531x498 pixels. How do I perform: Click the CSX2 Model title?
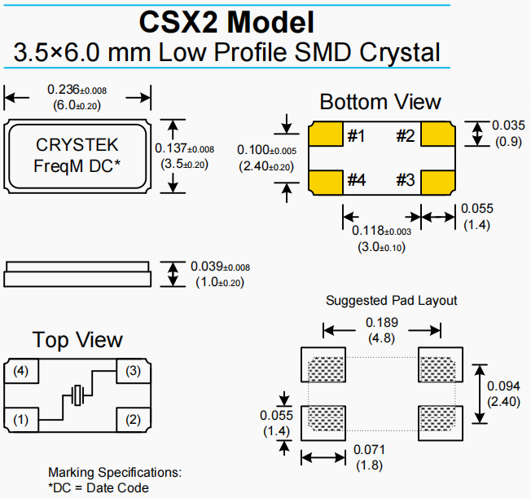227,20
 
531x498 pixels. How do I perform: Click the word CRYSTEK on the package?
77,145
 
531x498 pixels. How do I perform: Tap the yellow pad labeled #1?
325,135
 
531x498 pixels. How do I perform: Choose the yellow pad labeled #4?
325,181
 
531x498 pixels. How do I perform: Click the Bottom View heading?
380,102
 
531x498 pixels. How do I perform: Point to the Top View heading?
77,340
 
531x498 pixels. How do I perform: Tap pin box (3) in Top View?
132,372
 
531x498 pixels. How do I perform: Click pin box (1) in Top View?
21,421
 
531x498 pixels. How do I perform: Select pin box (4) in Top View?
21,372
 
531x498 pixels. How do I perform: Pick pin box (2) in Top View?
132,421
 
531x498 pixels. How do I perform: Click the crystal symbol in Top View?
78,396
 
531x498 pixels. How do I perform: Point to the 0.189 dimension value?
381,322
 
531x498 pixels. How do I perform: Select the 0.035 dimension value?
508,126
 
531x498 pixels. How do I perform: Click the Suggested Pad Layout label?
391,301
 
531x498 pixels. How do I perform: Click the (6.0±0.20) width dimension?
77,104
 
